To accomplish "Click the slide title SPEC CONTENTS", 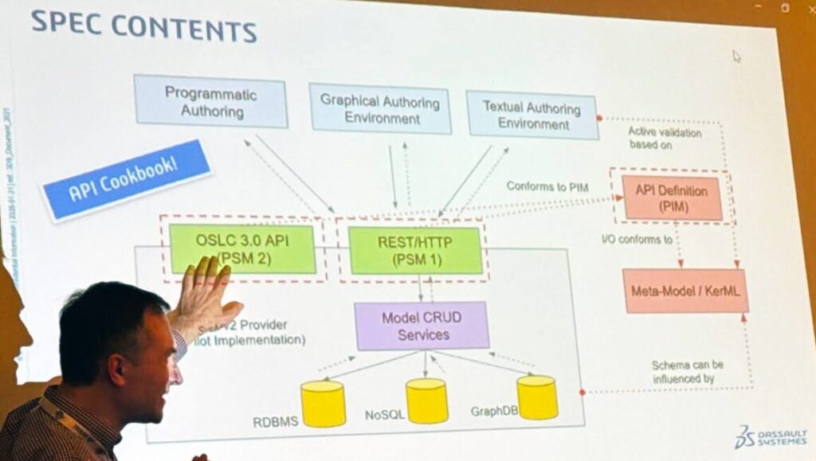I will [x=143, y=25].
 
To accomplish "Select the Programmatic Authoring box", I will [x=211, y=101].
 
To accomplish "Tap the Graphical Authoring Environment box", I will [x=380, y=109].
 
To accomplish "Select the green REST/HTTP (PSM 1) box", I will [x=415, y=250].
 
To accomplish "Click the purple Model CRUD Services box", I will [x=422, y=325].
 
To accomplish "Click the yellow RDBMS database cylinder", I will [x=323, y=404].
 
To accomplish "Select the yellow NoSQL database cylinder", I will [x=426, y=400].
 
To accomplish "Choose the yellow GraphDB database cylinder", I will [x=536, y=397].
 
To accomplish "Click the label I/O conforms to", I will [x=637, y=238].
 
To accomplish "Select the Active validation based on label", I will [x=665, y=139].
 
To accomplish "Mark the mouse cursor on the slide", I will [x=736, y=56].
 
